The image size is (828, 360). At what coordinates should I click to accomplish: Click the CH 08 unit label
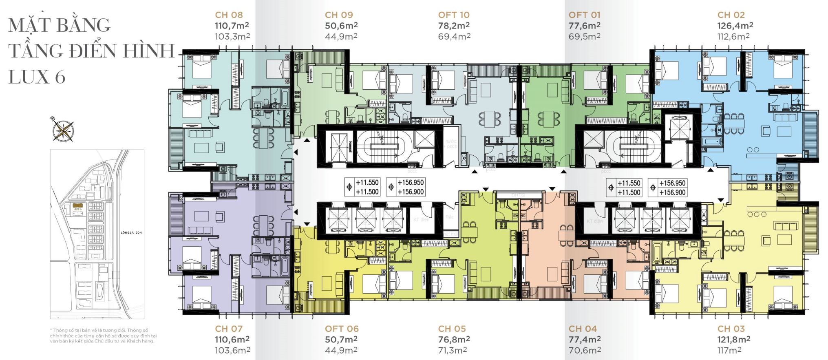click(x=229, y=15)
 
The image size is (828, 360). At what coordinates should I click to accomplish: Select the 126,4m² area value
click(x=735, y=25)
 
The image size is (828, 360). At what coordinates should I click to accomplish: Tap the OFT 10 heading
click(x=454, y=15)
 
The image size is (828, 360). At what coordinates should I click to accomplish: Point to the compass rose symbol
click(x=64, y=130)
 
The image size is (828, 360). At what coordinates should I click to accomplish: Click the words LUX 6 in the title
click(x=37, y=77)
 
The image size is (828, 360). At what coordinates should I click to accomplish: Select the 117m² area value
click(x=729, y=350)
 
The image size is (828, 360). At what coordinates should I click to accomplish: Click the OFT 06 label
click(x=342, y=329)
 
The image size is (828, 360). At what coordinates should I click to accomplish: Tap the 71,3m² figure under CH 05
click(x=452, y=350)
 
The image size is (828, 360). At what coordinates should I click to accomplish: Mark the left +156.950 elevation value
click(x=411, y=183)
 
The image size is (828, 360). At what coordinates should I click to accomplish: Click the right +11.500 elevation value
click(x=629, y=192)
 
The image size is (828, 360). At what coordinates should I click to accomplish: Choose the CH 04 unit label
click(x=583, y=329)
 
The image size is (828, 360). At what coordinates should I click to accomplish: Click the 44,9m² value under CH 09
click(x=341, y=36)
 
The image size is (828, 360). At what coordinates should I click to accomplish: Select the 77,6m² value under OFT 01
click(x=584, y=25)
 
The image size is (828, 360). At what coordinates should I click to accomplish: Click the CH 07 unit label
click(x=229, y=329)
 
